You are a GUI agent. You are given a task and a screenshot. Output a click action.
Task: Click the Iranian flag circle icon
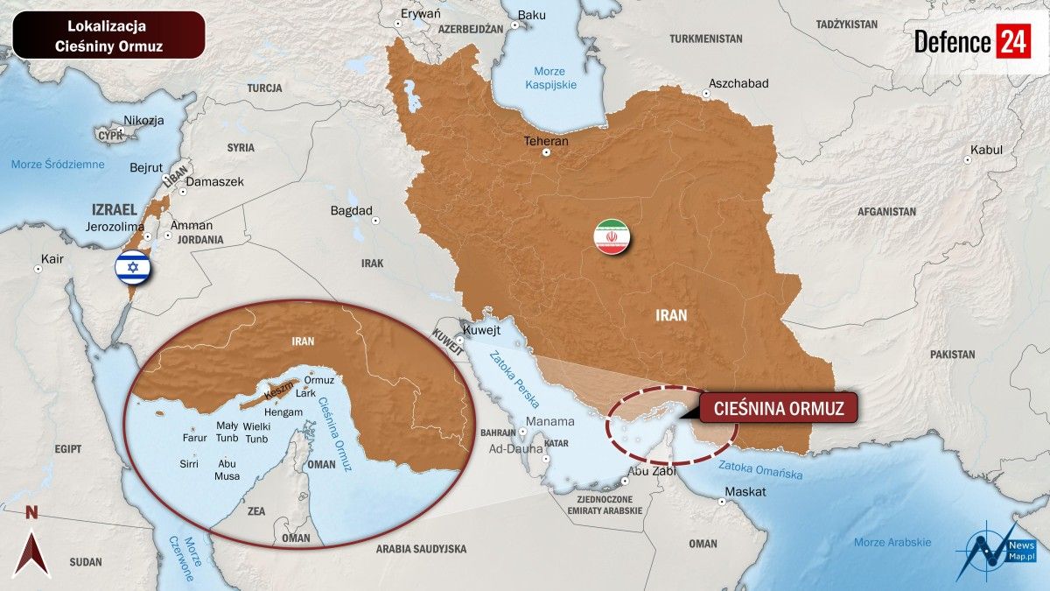coord(612,237)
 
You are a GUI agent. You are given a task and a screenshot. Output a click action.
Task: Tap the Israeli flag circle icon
coord(133,267)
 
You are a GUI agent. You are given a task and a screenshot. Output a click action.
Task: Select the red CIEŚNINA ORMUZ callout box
coord(778,408)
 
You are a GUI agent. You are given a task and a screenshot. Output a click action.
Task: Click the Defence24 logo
coord(972,41)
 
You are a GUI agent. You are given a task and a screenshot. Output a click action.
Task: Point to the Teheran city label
coord(546,141)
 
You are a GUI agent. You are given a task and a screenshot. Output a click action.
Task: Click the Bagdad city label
coord(351,211)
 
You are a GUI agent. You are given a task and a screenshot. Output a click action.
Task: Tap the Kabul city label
coord(986,150)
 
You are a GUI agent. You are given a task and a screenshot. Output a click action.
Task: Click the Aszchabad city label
coord(738,83)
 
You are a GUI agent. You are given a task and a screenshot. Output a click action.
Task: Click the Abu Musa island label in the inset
coord(227,469)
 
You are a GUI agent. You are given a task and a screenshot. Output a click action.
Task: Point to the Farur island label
coord(194,437)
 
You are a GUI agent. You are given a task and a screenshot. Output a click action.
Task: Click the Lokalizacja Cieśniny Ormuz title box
coord(108,34)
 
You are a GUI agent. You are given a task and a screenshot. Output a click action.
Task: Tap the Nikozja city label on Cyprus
coord(143,121)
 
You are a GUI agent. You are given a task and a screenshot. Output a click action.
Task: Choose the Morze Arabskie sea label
coord(892,542)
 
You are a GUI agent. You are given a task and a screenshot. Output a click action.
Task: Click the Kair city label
coord(52,259)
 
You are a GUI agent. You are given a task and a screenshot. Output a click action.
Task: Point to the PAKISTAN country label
coord(952,355)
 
